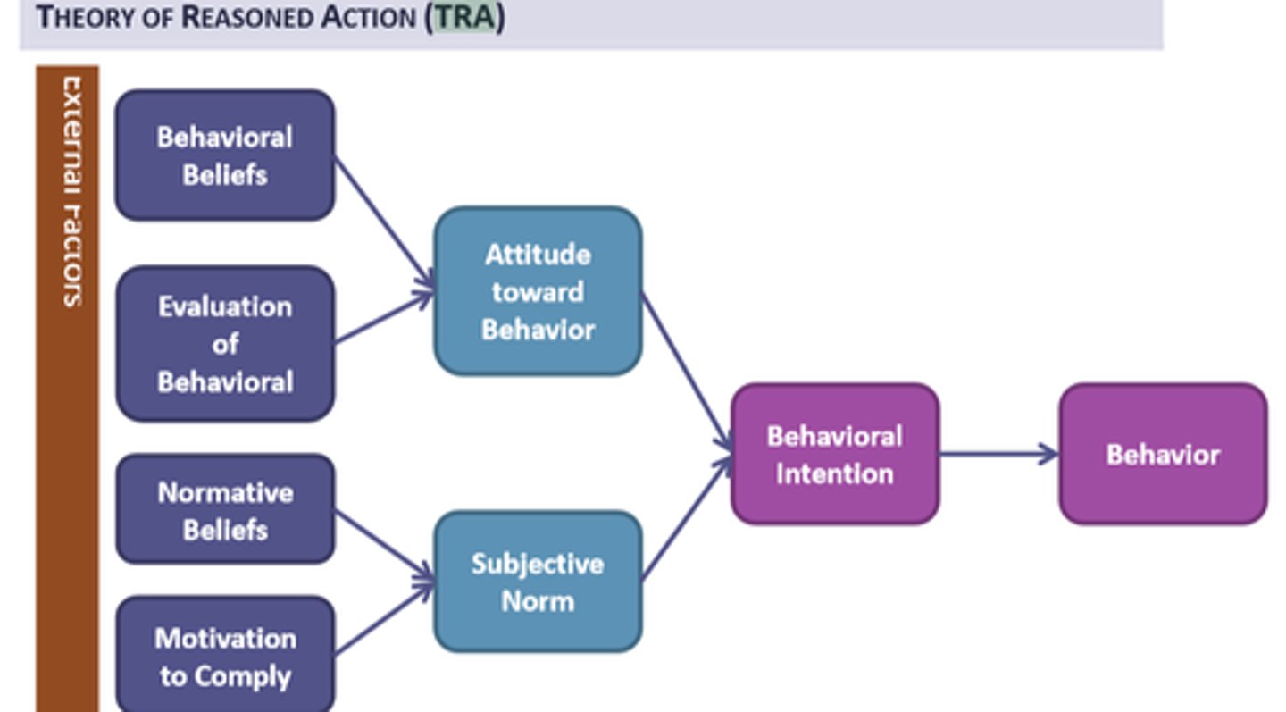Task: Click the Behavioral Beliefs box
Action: [225, 155]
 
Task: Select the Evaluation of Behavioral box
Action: [225, 344]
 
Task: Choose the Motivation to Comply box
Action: [225, 657]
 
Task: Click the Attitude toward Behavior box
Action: [538, 291]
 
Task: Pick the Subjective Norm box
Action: [538, 582]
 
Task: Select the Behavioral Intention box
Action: [834, 454]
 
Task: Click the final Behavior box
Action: [1163, 454]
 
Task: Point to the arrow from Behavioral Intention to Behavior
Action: [998, 454]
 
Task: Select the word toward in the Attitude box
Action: [538, 292]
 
